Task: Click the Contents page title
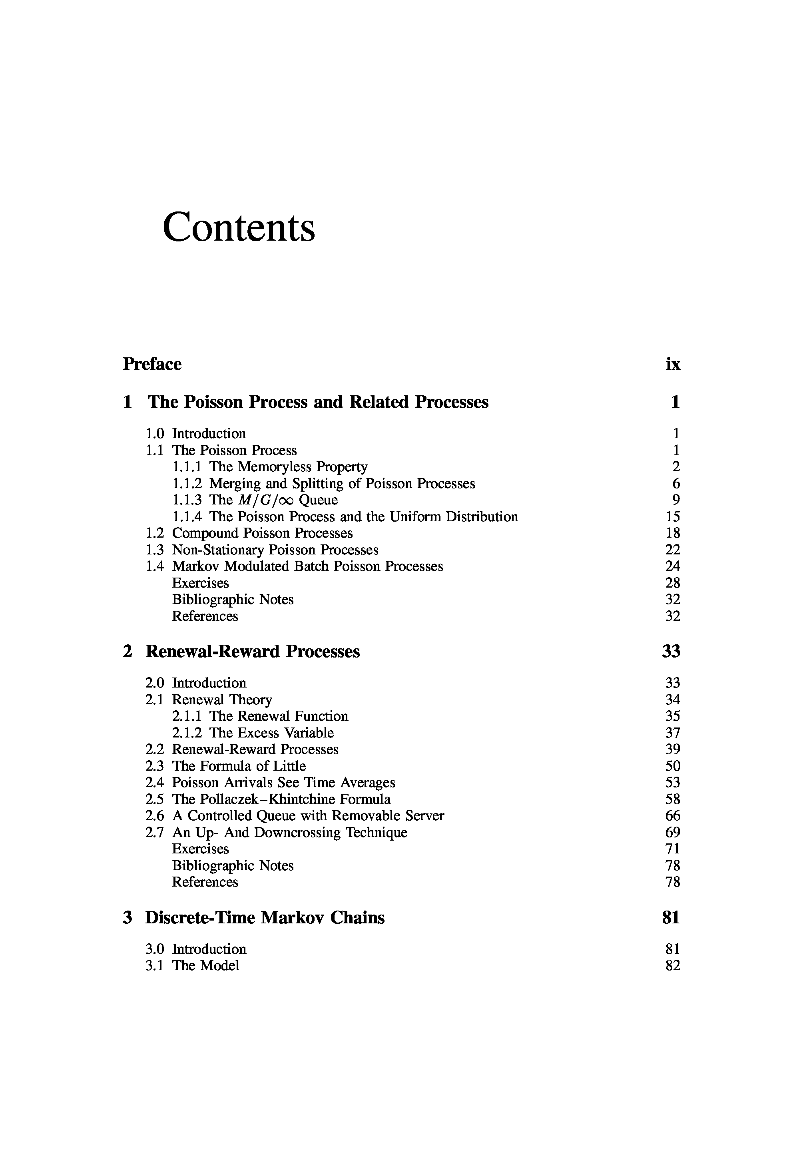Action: point(239,227)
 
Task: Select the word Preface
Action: point(152,364)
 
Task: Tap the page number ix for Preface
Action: point(673,364)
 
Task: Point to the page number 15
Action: point(673,516)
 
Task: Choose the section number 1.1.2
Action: point(187,483)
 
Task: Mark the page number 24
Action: point(673,566)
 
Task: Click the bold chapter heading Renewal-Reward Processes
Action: point(252,651)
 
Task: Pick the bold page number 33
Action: point(671,651)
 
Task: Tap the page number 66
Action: point(673,816)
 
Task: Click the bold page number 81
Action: point(671,917)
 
